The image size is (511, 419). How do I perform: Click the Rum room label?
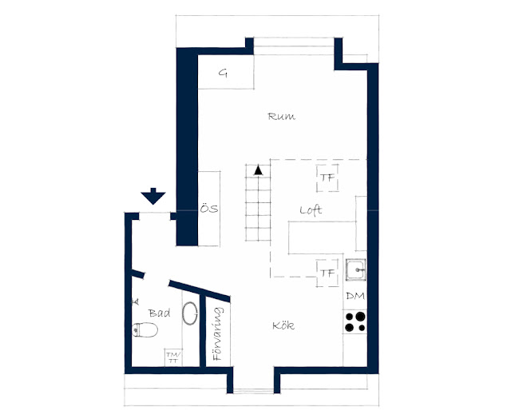(x=282, y=117)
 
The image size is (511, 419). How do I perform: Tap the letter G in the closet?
(x=223, y=73)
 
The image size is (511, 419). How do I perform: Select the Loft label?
(x=311, y=210)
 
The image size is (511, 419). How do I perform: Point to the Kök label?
(x=283, y=325)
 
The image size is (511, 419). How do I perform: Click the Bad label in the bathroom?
(x=160, y=313)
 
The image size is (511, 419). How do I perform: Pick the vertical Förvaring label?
(x=218, y=333)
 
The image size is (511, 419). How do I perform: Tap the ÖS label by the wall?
(x=209, y=208)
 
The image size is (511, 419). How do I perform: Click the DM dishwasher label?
(x=355, y=297)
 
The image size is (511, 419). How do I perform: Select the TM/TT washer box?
(x=173, y=357)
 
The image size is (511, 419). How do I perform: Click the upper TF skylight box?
(x=327, y=178)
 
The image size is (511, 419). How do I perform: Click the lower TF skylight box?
(x=327, y=273)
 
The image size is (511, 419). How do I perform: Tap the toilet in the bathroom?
(x=145, y=330)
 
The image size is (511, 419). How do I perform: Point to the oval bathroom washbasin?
(x=190, y=313)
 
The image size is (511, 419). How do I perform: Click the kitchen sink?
(x=356, y=269)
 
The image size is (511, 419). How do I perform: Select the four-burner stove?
(x=355, y=321)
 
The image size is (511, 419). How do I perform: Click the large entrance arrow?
(x=153, y=196)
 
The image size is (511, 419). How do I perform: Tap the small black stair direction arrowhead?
(x=259, y=170)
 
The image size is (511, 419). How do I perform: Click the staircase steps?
(x=259, y=203)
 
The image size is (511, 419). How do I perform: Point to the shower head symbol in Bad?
(x=135, y=301)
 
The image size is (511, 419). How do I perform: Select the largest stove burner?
(x=360, y=316)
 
